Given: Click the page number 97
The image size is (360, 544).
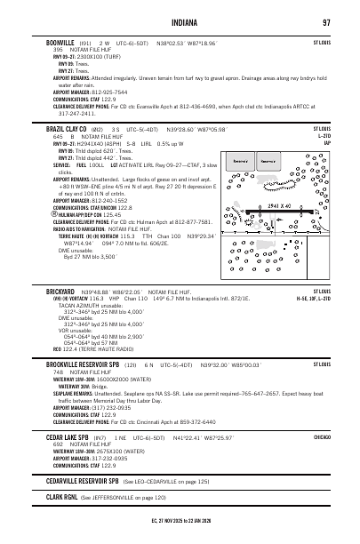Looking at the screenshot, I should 327,22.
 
